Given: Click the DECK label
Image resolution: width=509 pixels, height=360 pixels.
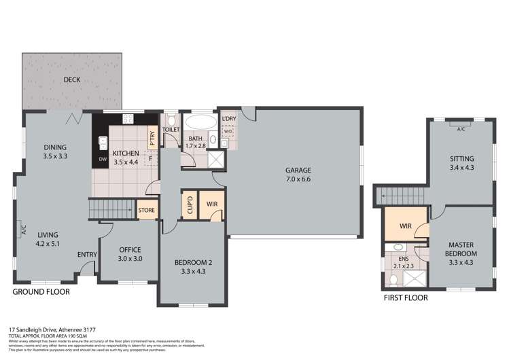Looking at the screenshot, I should point(73,79).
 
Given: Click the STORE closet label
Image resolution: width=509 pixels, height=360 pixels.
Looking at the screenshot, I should point(147,211).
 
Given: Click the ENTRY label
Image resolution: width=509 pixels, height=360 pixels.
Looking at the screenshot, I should point(86,255).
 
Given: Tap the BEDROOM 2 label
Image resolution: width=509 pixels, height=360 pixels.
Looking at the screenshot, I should point(192,262).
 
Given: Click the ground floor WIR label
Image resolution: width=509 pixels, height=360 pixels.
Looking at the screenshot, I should point(211,204).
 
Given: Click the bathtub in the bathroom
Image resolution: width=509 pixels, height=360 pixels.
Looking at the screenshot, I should point(198,124).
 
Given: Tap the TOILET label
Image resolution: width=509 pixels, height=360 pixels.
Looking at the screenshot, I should point(171,129).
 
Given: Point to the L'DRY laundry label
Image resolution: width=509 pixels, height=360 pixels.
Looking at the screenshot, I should point(229,120).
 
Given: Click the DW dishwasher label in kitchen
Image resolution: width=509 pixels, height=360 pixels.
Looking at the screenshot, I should point(103,160).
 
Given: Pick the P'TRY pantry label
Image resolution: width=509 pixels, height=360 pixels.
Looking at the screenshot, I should point(153,139).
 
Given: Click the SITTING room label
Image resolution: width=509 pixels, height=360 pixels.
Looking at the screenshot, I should point(462,159).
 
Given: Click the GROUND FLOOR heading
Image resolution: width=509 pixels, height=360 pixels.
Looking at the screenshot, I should point(41,292).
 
